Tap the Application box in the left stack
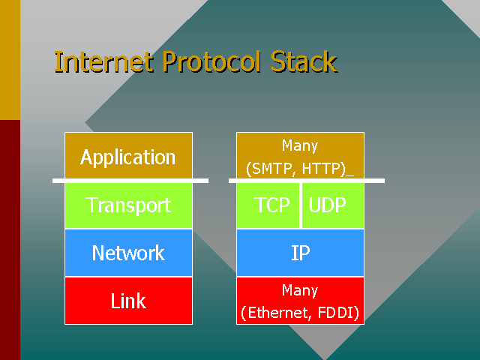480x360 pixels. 128,157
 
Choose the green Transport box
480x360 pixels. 128,205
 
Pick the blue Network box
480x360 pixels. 128,253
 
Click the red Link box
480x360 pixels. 128,301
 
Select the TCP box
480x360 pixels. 268,205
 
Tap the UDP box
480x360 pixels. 333,205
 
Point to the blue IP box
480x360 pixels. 300,253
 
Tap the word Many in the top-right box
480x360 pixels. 300,145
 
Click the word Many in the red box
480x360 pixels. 300,289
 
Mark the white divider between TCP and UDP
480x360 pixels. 301,205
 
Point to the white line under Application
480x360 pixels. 130,181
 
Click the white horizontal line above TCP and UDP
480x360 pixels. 307,181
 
